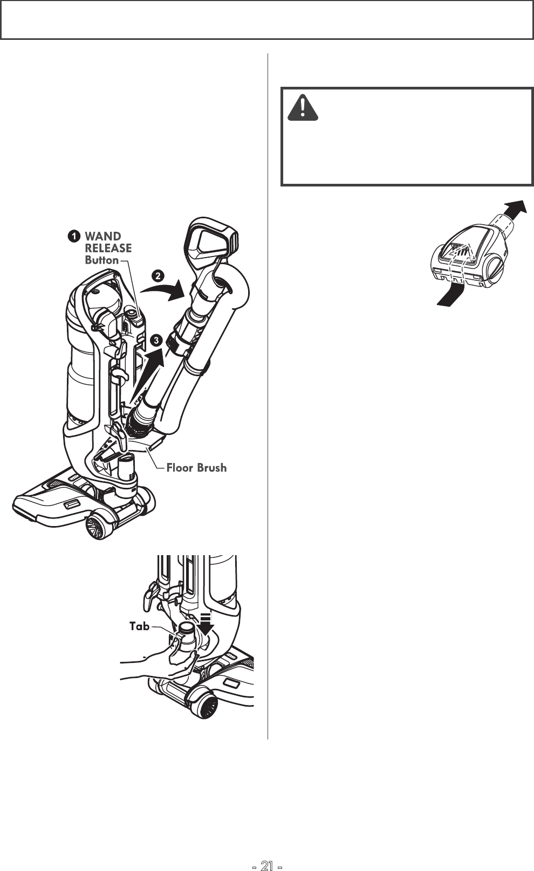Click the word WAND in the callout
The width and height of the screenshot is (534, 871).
(x=103, y=236)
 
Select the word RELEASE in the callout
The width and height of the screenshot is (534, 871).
(x=108, y=248)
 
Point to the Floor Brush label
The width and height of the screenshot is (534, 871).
(x=196, y=468)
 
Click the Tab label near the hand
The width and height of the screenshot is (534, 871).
(x=139, y=626)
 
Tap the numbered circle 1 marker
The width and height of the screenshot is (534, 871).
(x=73, y=236)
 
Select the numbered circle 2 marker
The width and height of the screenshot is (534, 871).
(x=157, y=276)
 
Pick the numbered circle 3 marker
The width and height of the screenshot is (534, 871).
(x=156, y=340)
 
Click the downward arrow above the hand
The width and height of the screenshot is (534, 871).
(x=205, y=626)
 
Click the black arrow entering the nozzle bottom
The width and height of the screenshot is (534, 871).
(x=450, y=295)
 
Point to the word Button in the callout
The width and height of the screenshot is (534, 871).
(x=102, y=260)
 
